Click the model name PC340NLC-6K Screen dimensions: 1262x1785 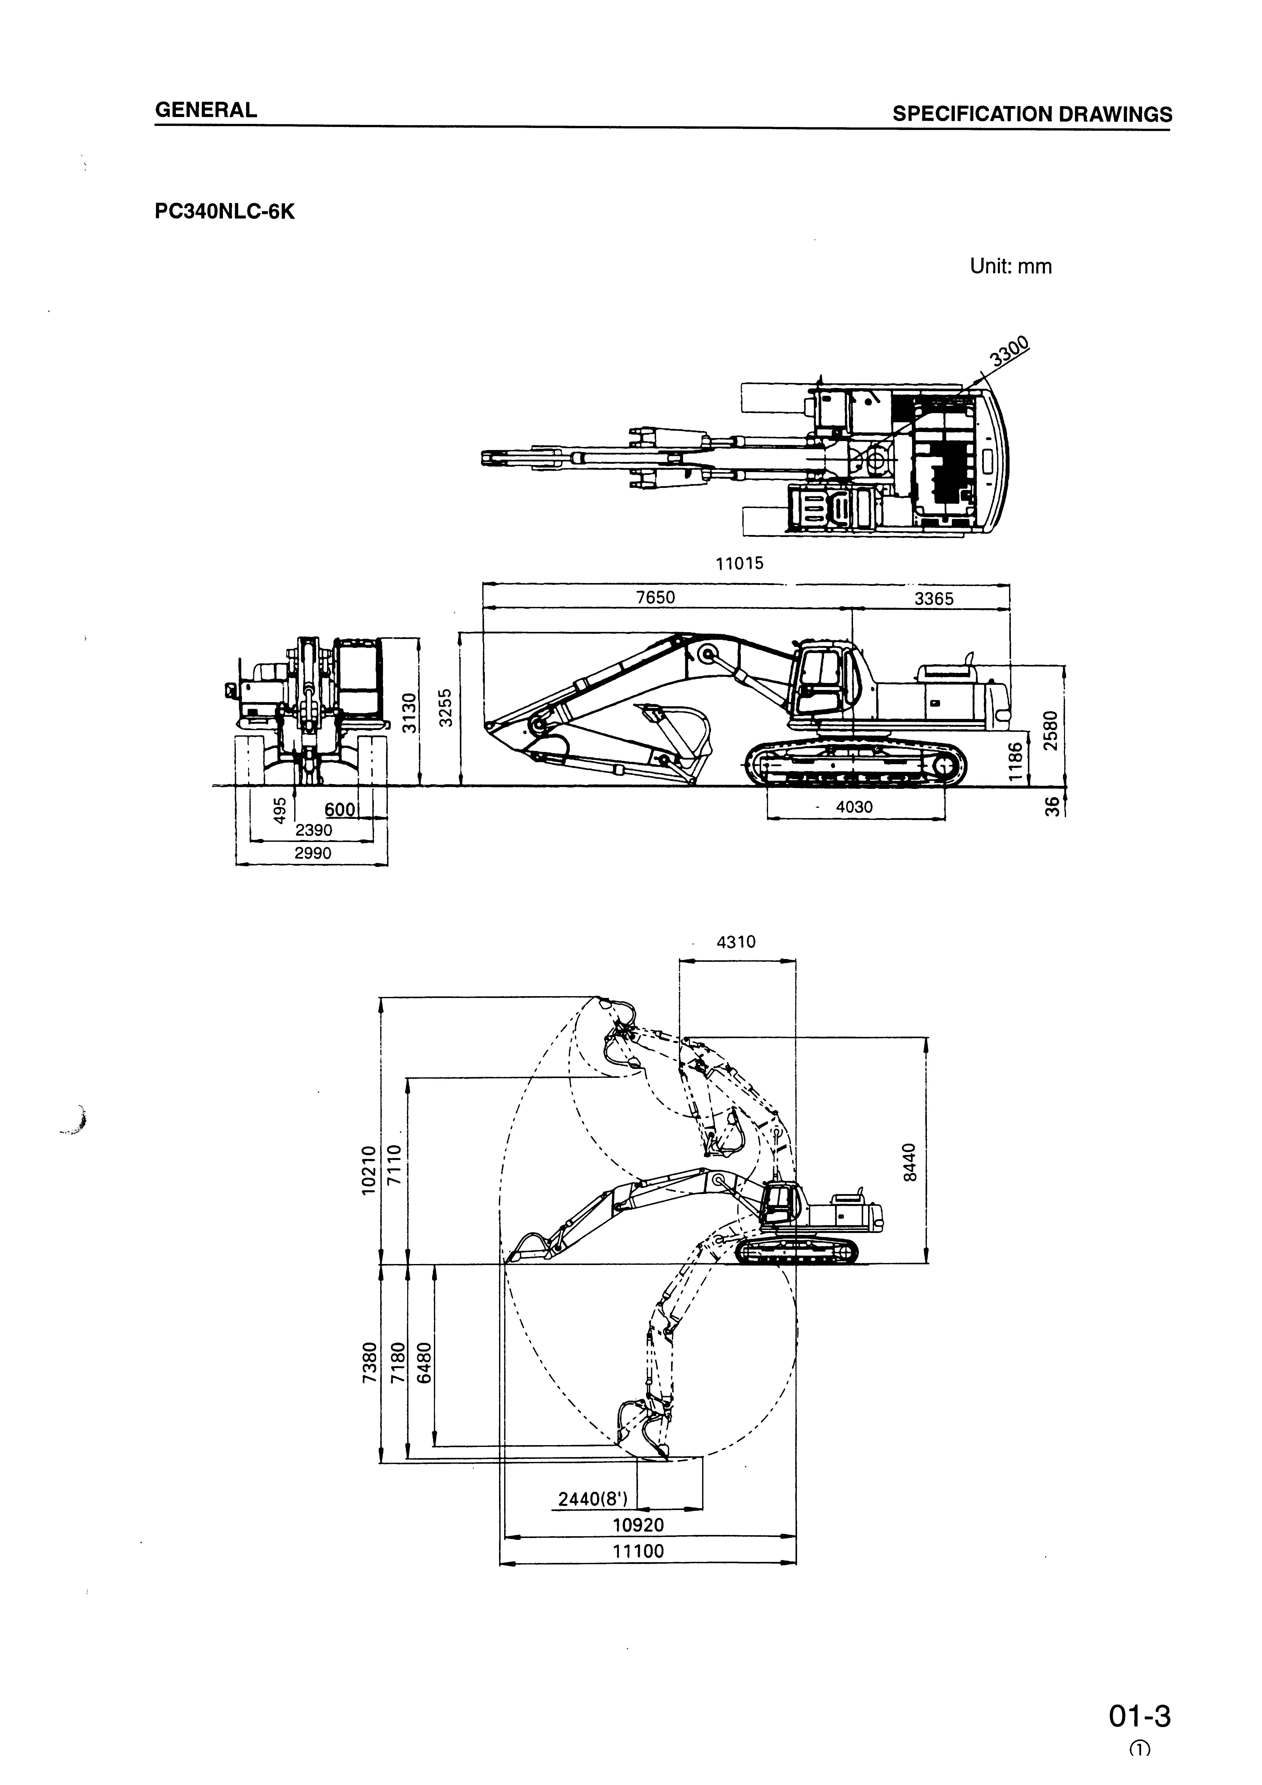coord(225,211)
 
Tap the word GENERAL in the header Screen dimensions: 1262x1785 coord(206,110)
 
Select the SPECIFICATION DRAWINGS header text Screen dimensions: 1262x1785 coord(1032,114)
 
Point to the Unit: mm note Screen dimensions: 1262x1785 coord(1010,267)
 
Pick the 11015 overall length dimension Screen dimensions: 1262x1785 coord(740,564)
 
